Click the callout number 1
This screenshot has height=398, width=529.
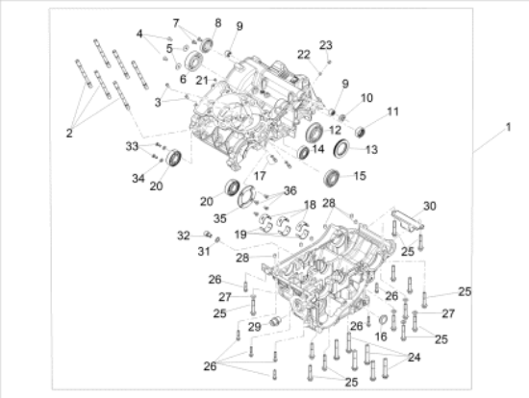(508, 128)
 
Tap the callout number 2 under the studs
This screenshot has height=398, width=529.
(69, 134)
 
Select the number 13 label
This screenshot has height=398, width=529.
(371, 149)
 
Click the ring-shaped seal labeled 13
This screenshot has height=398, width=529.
(341, 148)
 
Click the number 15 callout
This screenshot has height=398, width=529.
(360, 176)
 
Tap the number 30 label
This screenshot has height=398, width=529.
(430, 206)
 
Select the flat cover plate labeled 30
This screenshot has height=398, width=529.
(407, 221)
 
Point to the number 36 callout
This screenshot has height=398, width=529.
(290, 191)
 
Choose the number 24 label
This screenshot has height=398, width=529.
(415, 358)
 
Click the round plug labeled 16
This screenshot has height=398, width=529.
(383, 320)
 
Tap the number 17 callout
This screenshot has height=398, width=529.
(260, 176)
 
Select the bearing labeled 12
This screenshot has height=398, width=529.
(315, 133)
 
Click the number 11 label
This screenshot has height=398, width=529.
(392, 112)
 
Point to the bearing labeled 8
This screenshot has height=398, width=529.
(206, 45)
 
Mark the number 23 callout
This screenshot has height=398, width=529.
(326, 45)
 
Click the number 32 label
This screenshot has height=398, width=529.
(184, 236)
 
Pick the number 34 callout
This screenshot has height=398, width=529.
(139, 178)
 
